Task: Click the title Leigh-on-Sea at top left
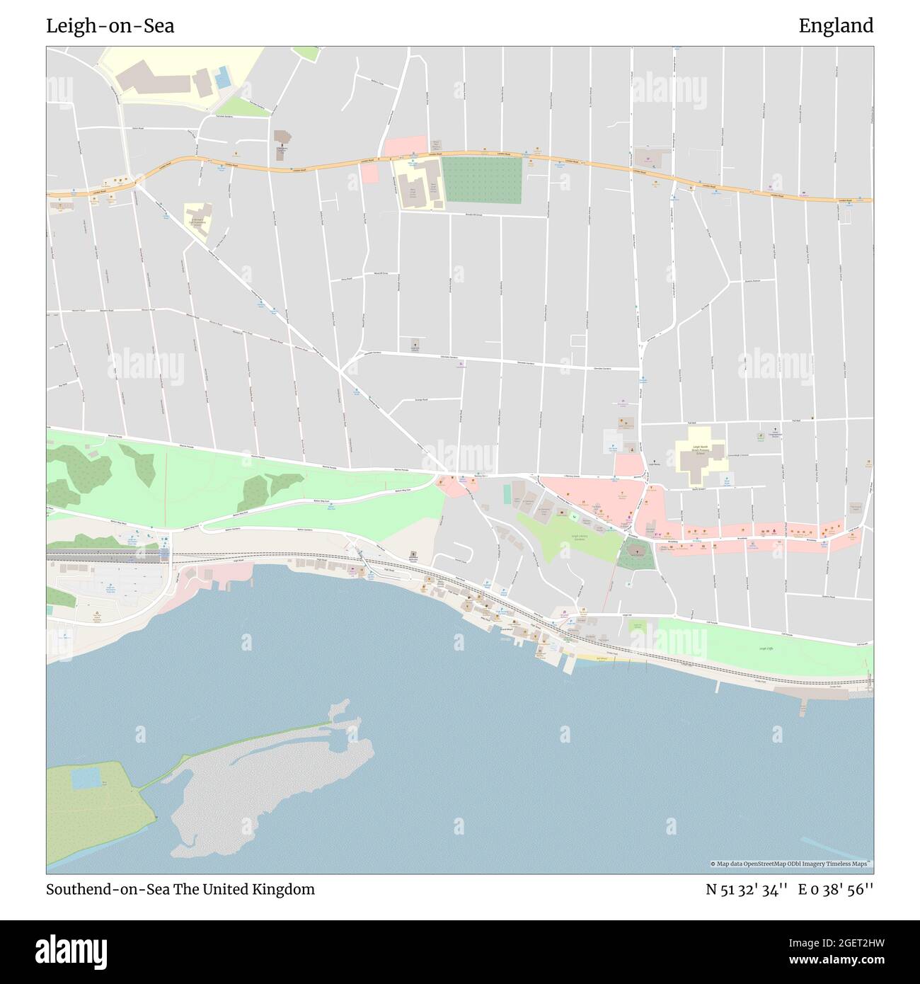pos(110,26)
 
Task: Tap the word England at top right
pos(836,26)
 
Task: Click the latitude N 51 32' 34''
pos(745,890)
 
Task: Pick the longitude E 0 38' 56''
pos(836,890)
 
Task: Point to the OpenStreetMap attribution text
pos(791,864)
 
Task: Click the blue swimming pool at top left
pos(223,77)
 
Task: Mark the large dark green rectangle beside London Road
pos(482,180)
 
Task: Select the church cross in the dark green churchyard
pos(635,550)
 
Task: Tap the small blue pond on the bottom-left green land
pos(86,778)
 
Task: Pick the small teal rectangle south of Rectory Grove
pos(507,493)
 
